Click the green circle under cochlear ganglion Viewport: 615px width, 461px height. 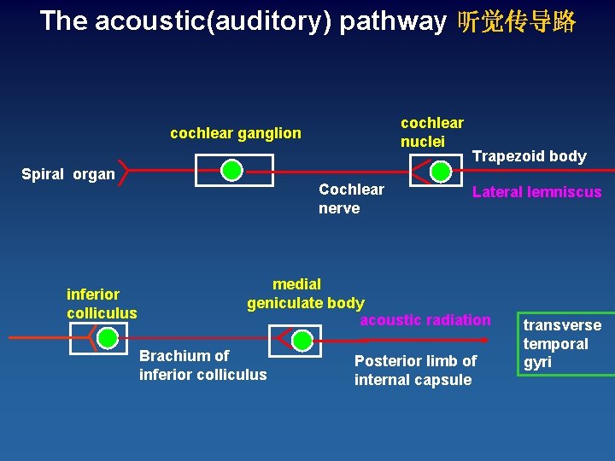pyautogui.click(x=231, y=170)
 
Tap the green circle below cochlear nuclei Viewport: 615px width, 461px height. pyautogui.click(x=441, y=171)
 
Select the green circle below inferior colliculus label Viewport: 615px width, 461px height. pyautogui.click(x=108, y=338)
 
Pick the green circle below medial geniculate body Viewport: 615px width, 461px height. pyautogui.click(x=302, y=341)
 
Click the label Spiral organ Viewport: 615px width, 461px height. pyautogui.click(x=67, y=174)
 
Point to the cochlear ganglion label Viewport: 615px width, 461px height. pyautogui.click(x=236, y=132)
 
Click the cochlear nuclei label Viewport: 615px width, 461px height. pyautogui.click(x=431, y=131)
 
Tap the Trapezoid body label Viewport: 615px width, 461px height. pyautogui.click(x=529, y=155)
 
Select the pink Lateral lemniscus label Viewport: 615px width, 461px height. pyautogui.click(x=536, y=192)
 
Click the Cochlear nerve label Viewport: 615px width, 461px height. pyautogui.click(x=350, y=198)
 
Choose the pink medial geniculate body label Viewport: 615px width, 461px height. pyautogui.click(x=305, y=293)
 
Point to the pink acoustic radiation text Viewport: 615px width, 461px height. pyautogui.click(x=425, y=320)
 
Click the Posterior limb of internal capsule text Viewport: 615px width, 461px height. pyautogui.click(x=415, y=370)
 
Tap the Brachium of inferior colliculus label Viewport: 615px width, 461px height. pyautogui.click(x=202, y=365)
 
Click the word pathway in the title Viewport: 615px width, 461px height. pyautogui.click(x=392, y=20)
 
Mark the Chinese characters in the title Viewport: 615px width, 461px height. pyautogui.click(x=517, y=21)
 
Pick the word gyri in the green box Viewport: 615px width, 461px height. pyautogui.click(x=537, y=361)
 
